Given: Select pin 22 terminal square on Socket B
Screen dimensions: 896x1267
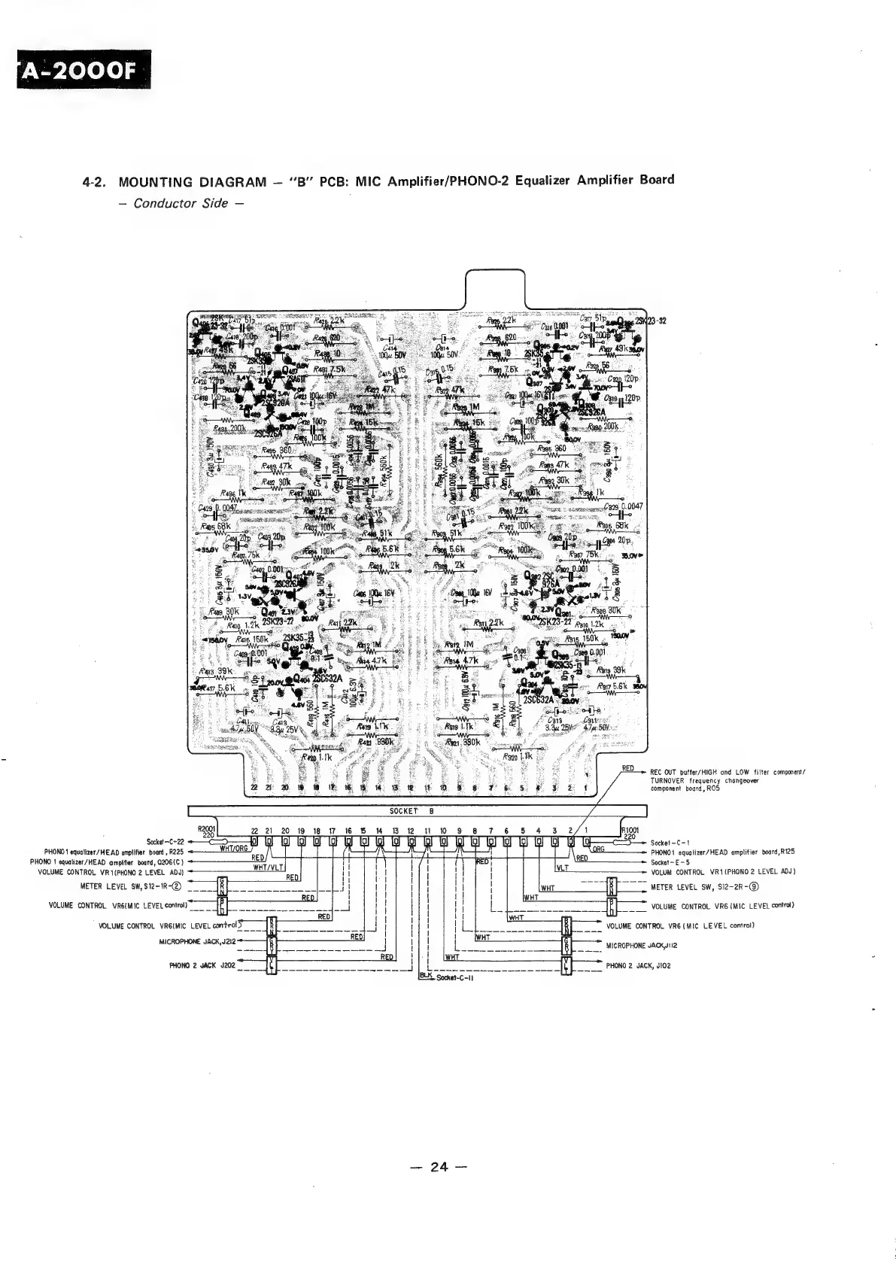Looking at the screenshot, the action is tap(254, 840).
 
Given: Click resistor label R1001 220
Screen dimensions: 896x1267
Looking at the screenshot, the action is tap(630, 831).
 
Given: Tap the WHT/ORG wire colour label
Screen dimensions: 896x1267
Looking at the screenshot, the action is tap(234, 848).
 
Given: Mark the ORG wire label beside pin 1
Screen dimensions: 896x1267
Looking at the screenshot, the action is tap(600, 848).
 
